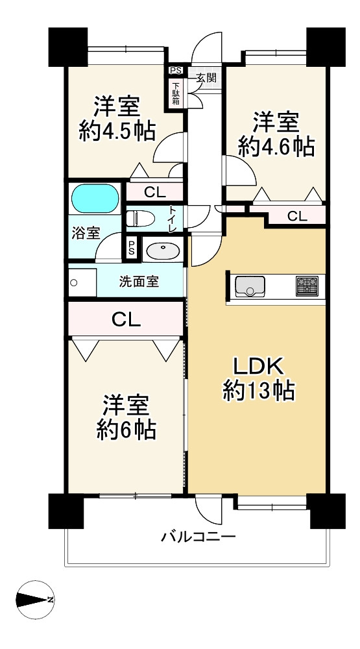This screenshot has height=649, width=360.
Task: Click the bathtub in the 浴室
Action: (95, 198)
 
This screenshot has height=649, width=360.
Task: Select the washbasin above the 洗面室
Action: (163, 251)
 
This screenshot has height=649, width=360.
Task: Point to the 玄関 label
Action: (205, 77)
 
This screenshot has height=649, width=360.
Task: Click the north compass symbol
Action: (35, 599)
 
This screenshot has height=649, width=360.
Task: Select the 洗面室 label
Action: (138, 282)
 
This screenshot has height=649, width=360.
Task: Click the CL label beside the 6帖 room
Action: (126, 319)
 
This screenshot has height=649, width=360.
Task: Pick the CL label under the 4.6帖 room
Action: (297, 215)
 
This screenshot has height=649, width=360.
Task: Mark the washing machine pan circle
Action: (74, 283)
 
